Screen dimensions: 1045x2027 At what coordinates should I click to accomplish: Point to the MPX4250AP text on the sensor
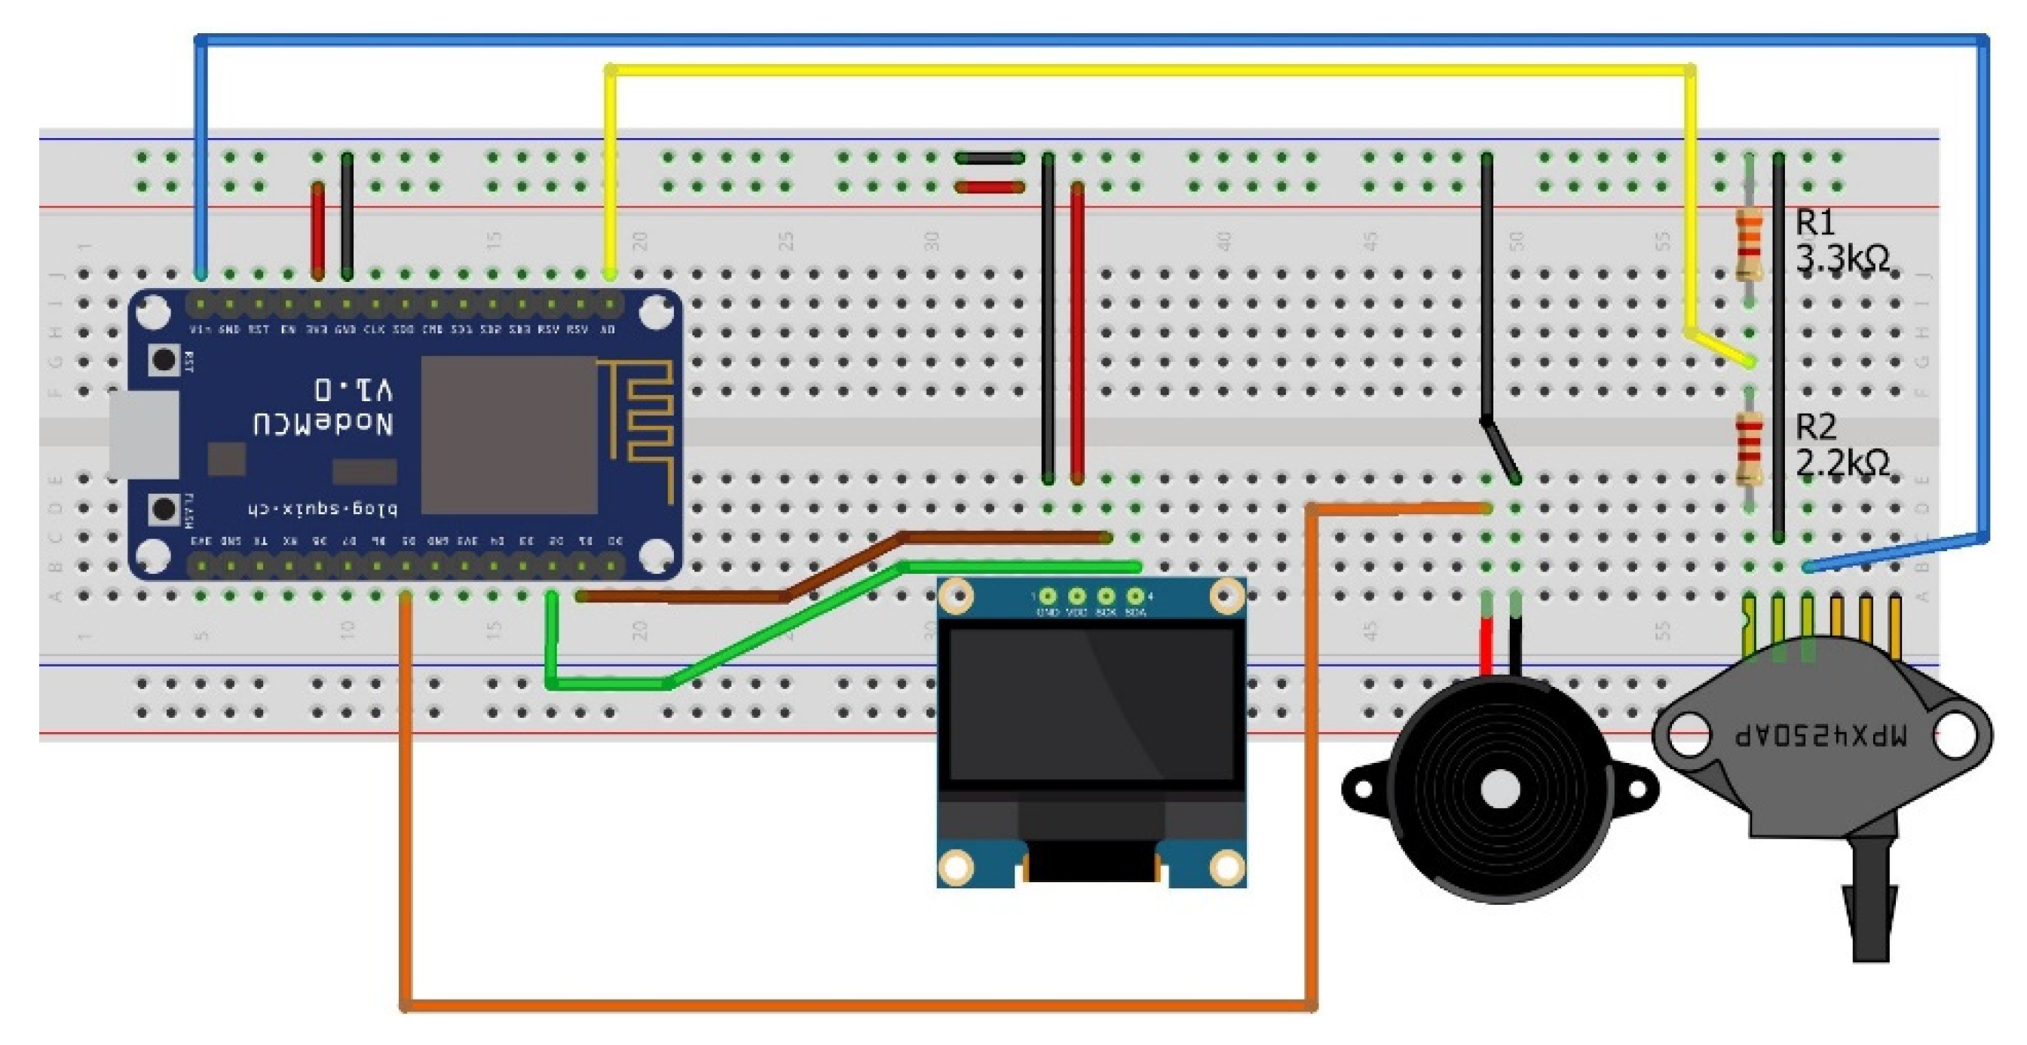click(1821, 735)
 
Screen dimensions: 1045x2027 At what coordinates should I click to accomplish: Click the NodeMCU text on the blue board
click(323, 425)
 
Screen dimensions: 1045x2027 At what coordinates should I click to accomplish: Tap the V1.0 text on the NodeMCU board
click(354, 390)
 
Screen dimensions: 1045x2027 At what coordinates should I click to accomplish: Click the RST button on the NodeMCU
click(164, 360)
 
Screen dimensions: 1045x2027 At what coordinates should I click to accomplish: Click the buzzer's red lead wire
click(1486, 645)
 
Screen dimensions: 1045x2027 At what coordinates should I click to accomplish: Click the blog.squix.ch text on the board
click(323, 509)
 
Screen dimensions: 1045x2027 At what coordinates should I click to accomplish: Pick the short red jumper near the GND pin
click(318, 232)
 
